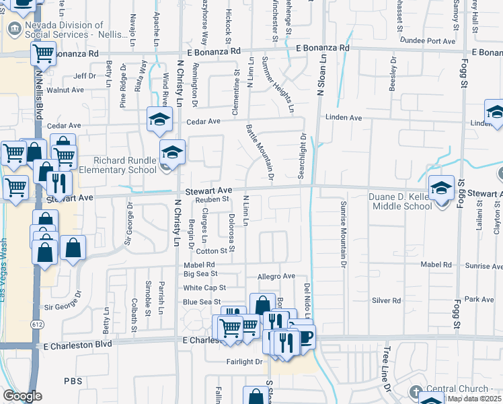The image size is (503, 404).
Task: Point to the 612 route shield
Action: click(34, 324)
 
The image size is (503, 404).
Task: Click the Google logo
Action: click(22, 396)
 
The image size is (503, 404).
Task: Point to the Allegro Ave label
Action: click(276, 277)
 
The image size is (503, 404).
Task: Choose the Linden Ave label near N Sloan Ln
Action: click(344, 118)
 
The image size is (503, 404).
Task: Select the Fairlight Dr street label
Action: click(243, 362)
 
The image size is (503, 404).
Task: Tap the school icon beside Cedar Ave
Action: click(159, 119)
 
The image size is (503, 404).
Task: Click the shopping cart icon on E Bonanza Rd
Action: click(43, 52)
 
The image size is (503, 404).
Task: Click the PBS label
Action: click(73, 381)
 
